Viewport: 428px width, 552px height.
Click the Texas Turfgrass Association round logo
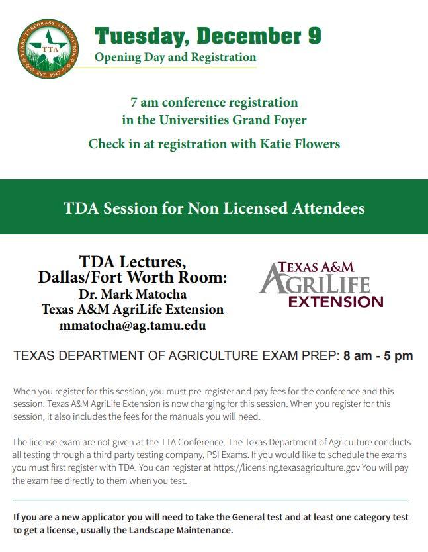point(48,48)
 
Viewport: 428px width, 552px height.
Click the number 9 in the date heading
point(314,36)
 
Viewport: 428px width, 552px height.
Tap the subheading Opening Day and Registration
point(175,58)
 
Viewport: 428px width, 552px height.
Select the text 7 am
point(144,103)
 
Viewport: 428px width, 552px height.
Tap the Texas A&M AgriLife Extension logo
point(321,285)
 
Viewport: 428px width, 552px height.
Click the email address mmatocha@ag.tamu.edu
point(132,326)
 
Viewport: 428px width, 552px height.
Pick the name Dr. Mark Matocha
point(132,294)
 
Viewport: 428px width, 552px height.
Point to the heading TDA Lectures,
point(132,262)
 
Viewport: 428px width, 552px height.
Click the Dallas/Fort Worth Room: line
point(132,278)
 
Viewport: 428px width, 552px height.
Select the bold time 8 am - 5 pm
point(378,356)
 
